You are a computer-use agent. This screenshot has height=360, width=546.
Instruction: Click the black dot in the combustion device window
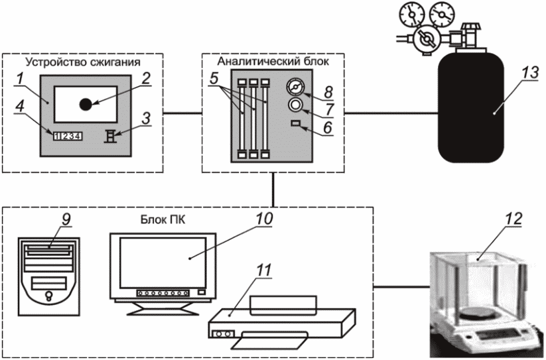[86, 104]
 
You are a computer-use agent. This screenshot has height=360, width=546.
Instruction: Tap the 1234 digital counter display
[68, 136]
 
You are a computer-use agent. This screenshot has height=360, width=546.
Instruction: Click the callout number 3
[146, 118]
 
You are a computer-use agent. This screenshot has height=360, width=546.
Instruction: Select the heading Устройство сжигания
[84, 62]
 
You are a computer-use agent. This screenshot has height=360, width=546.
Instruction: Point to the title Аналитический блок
[273, 62]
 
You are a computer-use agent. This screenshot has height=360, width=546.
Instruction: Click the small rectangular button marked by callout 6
[296, 123]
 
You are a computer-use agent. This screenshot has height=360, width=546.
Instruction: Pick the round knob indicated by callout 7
[296, 104]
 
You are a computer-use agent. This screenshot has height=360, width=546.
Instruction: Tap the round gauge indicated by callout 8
[296, 87]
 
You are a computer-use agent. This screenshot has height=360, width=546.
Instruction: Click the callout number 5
[214, 78]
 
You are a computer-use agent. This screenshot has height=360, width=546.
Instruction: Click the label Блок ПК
[163, 220]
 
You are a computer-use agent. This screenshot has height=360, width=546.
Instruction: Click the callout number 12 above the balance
[513, 218]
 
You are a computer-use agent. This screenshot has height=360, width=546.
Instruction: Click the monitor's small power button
[202, 292]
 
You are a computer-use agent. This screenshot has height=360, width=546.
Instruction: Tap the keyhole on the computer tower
[48, 296]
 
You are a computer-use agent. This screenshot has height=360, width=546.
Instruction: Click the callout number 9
[66, 219]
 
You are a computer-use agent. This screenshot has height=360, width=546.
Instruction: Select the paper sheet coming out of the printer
[270, 340]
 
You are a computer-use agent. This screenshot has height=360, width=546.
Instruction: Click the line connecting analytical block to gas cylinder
[391, 113]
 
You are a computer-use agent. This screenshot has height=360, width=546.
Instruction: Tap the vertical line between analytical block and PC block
[273, 190]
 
